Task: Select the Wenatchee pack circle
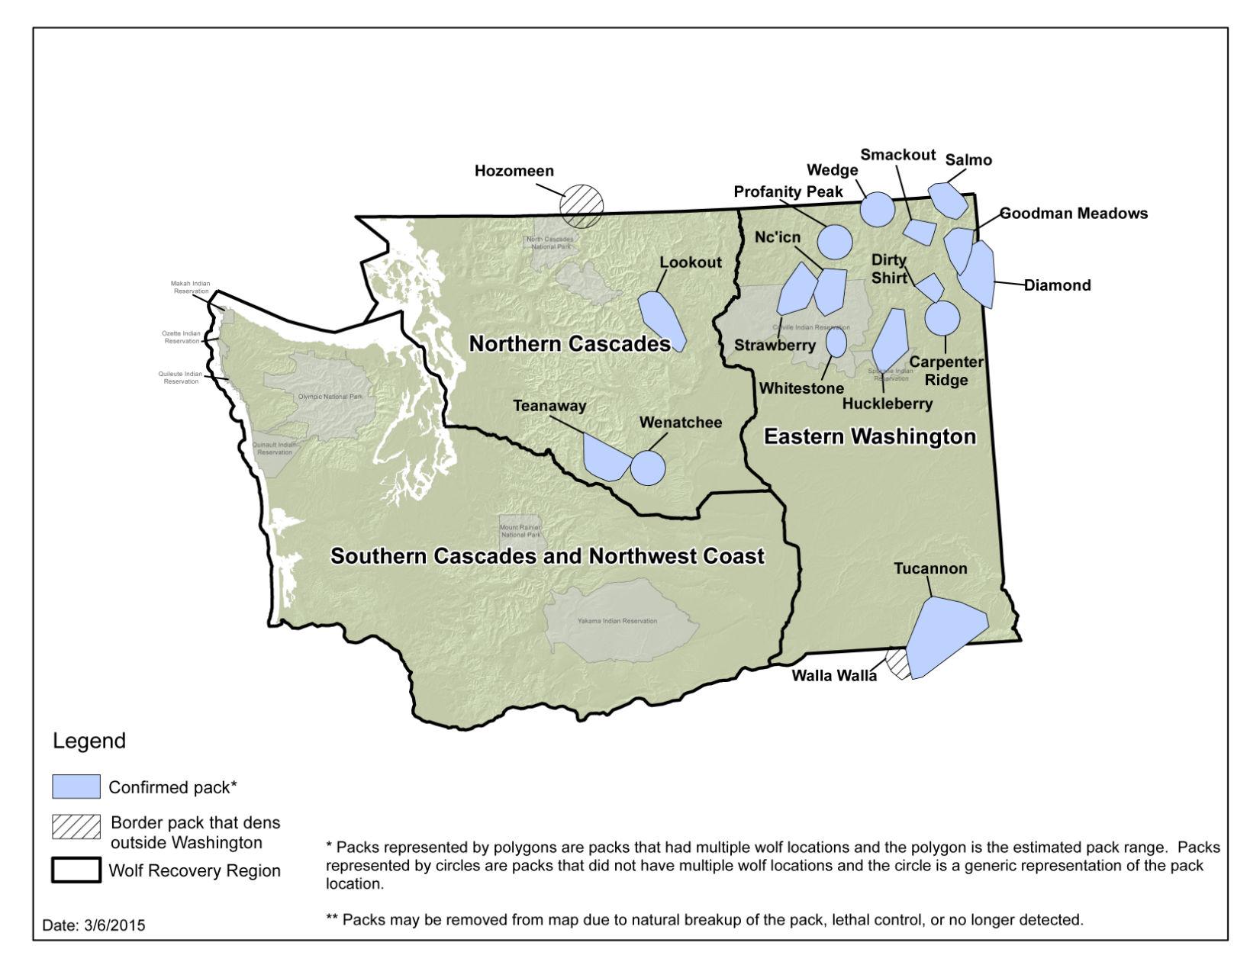click(648, 468)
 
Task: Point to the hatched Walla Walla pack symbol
click(898, 663)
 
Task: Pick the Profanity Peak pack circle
click(835, 241)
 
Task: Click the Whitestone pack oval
click(836, 342)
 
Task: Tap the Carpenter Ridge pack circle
click(942, 318)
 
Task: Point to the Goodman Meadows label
click(1074, 214)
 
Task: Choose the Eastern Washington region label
click(870, 436)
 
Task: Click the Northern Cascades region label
click(569, 344)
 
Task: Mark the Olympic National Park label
click(330, 397)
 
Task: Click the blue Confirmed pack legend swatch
click(76, 786)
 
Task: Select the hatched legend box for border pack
click(76, 826)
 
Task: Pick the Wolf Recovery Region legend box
click(76, 870)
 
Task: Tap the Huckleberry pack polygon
click(888, 339)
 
